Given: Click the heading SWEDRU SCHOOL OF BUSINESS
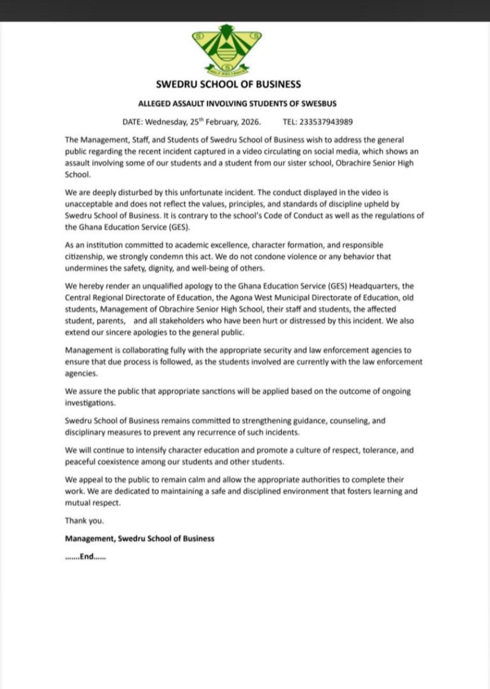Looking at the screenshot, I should [228, 85].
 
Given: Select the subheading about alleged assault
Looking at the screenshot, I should [228, 104].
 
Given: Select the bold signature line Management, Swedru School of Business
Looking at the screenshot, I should [139, 538].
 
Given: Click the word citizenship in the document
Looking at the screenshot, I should [85, 256].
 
